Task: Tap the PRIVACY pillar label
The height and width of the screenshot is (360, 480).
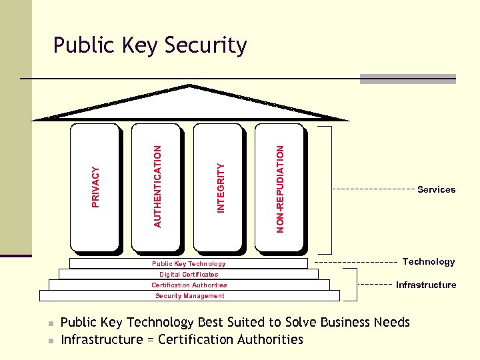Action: tap(96, 187)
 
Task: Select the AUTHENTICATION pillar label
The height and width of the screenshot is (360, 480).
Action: tap(157, 186)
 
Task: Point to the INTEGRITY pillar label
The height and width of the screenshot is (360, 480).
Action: tap(221, 188)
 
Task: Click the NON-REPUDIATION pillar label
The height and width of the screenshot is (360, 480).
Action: tap(280, 189)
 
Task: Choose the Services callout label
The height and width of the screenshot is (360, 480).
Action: tap(436, 189)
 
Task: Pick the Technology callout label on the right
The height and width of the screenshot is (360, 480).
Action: tap(429, 261)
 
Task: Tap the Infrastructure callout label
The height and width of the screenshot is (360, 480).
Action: tap(426, 285)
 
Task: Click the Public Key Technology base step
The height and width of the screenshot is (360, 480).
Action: tap(189, 264)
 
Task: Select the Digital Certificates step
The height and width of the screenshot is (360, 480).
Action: tap(189, 274)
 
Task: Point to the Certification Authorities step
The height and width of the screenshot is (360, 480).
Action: tap(189, 285)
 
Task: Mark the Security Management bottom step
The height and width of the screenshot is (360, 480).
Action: tap(189, 295)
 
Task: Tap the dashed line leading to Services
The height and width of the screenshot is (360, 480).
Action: tap(373, 189)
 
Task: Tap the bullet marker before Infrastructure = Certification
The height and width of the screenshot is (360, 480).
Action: tap(51, 341)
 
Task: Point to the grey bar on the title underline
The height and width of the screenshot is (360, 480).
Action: tap(407, 79)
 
